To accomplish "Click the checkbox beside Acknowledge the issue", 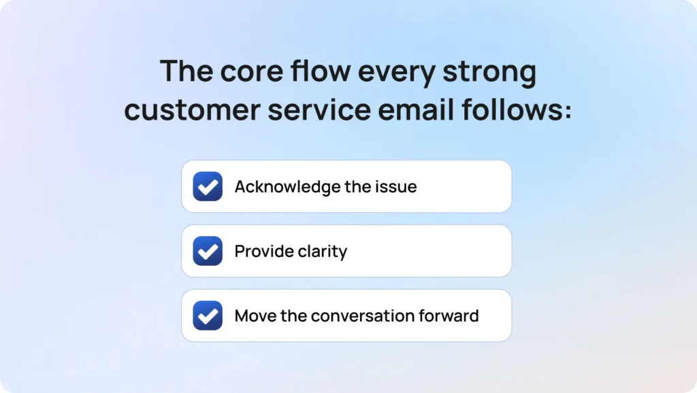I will (x=208, y=186).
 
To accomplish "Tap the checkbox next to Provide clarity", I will (x=208, y=251).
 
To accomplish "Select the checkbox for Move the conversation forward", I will (x=208, y=315).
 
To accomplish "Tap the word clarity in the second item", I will (x=323, y=251).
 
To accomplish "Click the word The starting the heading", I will (x=183, y=71).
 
